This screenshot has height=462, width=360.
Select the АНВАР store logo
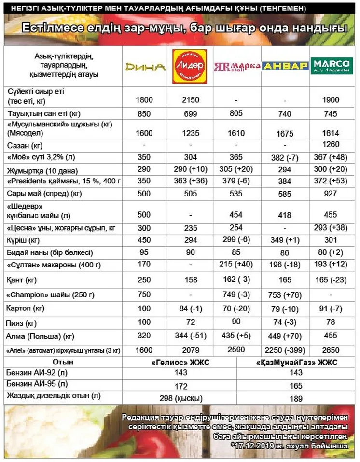(285, 66)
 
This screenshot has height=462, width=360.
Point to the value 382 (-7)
(285, 157)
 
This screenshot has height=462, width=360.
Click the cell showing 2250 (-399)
(285, 350)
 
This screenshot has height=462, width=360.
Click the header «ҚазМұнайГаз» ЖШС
(297, 362)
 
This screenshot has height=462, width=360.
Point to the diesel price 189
(297, 399)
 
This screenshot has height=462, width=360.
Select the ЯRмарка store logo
(237, 67)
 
